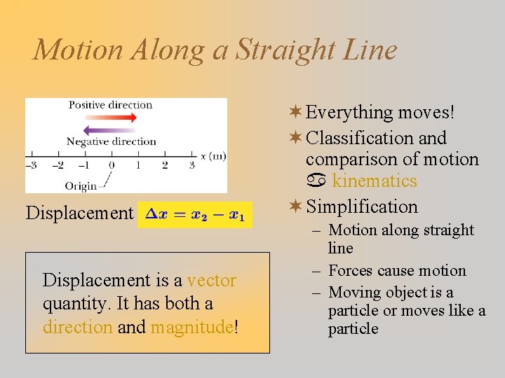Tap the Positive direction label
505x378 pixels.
point(110,105)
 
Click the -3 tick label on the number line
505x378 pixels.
point(30,165)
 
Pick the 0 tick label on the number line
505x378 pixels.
point(111,165)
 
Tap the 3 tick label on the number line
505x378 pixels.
point(192,165)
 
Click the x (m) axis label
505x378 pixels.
point(213,155)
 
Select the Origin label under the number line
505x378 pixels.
point(81,185)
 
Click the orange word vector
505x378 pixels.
point(212,281)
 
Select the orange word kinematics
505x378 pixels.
point(374,181)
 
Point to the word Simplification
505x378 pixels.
point(362,207)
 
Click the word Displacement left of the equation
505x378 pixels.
point(79,213)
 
